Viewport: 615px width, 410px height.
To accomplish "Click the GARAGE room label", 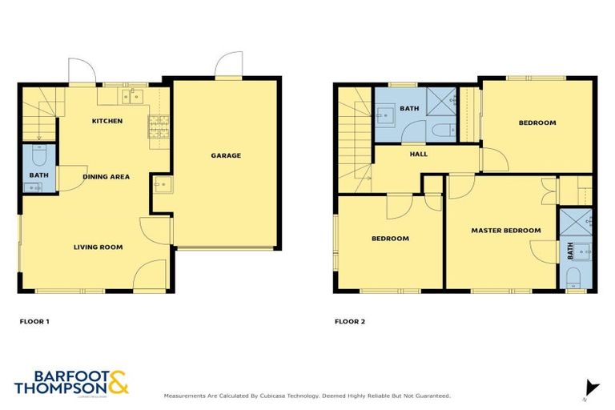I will click(226, 155).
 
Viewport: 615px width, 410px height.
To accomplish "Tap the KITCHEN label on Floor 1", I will click(107, 121).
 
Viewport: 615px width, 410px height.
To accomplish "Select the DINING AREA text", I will click(106, 176).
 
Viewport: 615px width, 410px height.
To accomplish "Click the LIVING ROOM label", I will click(98, 247).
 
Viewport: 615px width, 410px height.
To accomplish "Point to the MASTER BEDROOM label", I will click(505, 231).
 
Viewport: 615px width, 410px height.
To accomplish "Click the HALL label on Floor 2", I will click(418, 154).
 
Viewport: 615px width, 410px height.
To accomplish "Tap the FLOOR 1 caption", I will click(34, 322).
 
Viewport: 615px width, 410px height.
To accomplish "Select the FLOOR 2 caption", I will click(349, 322).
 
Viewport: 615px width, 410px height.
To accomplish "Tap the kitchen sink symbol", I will click(132, 97).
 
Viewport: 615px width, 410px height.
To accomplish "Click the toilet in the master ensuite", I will click(574, 278).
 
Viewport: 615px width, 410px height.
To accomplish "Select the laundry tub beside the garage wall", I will click(159, 187).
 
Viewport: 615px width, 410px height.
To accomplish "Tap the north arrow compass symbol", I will click(591, 386).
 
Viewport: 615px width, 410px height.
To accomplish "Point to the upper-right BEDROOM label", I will click(537, 123).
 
